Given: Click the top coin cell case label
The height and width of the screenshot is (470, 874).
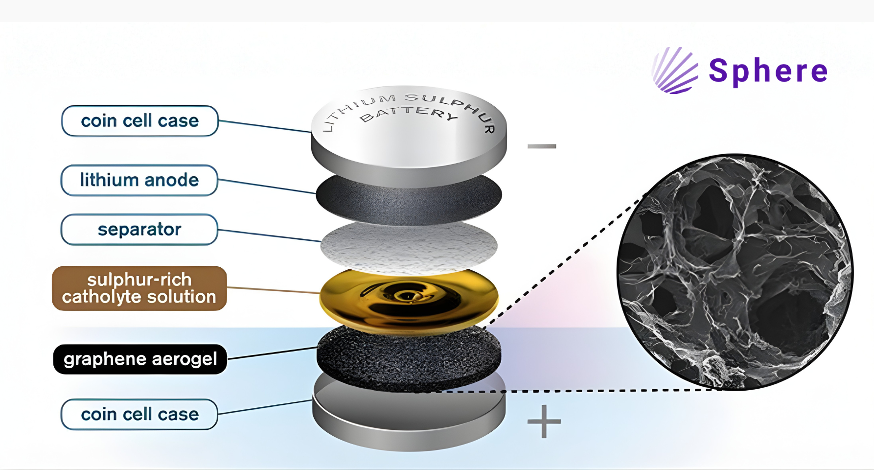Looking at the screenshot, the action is pyautogui.click(x=139, y=121).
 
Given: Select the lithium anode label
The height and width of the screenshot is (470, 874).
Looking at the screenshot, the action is pyautogui.click(x=139, y=180).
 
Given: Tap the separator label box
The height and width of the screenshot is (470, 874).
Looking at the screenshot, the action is pyautogui.click(x=139, y=229).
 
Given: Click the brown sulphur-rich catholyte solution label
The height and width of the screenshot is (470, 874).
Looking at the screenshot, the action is pyautogui.click(x=139, y=288).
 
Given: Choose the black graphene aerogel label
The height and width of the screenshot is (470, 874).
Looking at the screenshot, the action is pyautogui.click(x=140, y=359).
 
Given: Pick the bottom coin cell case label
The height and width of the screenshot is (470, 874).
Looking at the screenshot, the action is pyautogui.click(x=139, y=414).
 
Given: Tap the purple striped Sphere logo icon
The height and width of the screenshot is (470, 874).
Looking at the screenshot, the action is pyautogui.click(x=675, y=71).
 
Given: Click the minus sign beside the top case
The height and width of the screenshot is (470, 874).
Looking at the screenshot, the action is pyautogui.click(x=542, y=146).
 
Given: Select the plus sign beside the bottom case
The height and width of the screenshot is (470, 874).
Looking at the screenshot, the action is pyautogui.click(x=544, y=421).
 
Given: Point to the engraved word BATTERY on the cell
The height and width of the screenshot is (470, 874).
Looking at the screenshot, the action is pyautogui.click(x=409, y=114).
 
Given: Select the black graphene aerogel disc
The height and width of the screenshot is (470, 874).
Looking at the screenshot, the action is pyautogui.click(x=409, y=360).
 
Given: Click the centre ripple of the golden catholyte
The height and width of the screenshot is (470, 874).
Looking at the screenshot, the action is pyautogui.click(x=406, y=295).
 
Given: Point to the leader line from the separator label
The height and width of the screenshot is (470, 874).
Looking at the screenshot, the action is pyautogui.click(x=269, y=235).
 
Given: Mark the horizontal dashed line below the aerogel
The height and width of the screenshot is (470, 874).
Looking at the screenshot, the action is pyautogui.click(x=563, y=391).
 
